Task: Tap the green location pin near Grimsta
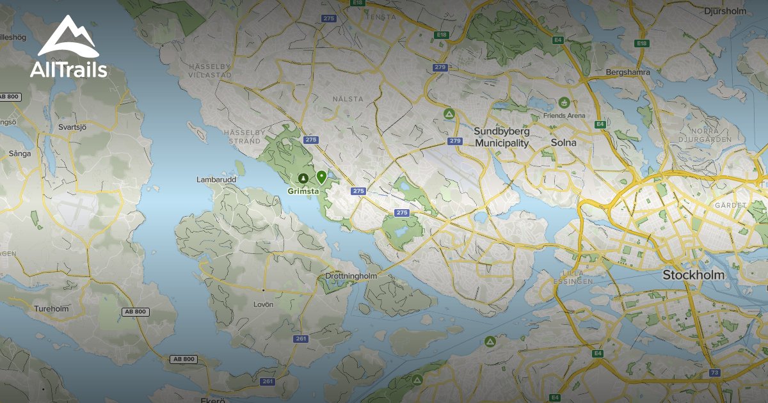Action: [x=321, y=177]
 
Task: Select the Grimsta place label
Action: [x=303, y=191]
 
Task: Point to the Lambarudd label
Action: [x=216, y=180]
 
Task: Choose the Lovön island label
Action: [x=263, y=304]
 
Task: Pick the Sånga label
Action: [x=20, y=154]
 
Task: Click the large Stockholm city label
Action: [x=693, y=275]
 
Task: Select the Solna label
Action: [x=563, y=143]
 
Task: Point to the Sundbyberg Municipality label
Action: [x=502, y=137]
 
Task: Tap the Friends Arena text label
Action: [x=564, y=116]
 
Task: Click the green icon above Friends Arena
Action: [x=564, y=102]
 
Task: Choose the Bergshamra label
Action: [x=628, y=72]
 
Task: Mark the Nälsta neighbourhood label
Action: [x=348, y=99]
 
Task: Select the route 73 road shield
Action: [x=715, y=372]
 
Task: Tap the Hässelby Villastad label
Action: [x=209, y=70]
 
